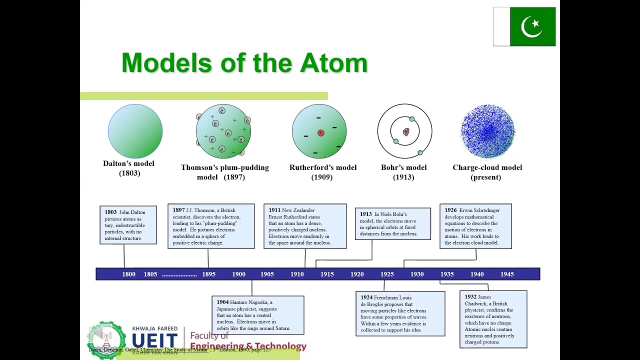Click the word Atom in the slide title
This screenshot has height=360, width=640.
click(333, 63)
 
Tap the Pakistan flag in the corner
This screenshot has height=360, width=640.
click(524, 26)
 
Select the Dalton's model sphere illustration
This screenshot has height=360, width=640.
click(135, 131)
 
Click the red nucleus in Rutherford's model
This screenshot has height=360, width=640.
click(320, 133)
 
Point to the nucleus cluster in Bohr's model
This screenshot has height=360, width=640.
click(406, 132)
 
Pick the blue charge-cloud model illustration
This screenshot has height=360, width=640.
click(487, 131)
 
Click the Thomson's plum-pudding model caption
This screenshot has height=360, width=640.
click(224, 172)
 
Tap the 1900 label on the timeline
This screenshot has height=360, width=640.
click(238, 274)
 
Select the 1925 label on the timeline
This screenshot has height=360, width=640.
click(387, 274)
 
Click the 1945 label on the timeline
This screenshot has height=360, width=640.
click(507, 274)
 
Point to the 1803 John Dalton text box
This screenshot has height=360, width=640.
click(128, 225)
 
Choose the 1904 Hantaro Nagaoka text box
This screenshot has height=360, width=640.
click(257, 315)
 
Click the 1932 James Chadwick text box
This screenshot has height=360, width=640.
click(492, 319)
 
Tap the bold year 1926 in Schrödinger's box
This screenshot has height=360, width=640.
click(450, 210)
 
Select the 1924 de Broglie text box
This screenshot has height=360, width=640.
click(400, 314)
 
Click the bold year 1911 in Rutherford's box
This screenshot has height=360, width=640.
click(274, 210)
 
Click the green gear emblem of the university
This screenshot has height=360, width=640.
click(106, 340)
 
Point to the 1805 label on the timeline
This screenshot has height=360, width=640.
click(150, 274)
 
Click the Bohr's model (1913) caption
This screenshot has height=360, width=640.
click(404, 172)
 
